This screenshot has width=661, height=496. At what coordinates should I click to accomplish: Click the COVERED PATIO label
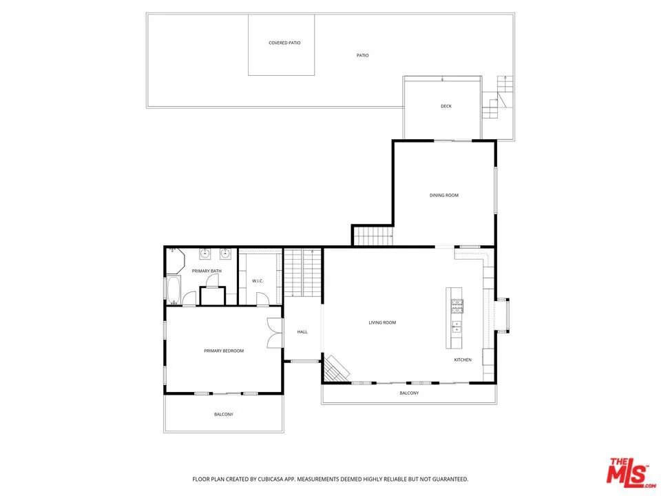pos(284,43)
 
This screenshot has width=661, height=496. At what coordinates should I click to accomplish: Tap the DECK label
pos(446,106)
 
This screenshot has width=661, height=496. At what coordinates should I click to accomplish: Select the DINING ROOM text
pos(443,195)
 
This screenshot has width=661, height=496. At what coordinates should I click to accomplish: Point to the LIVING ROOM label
pos(382,322)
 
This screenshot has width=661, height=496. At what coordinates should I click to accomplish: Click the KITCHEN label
pos(463,360)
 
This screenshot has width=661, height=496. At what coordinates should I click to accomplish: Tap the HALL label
pos(302,332)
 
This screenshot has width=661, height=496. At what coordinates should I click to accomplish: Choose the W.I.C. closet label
pos(258,280)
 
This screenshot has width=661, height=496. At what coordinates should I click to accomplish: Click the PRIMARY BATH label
pos(207,271)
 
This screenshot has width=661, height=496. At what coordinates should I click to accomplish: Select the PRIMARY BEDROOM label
pos(224,351)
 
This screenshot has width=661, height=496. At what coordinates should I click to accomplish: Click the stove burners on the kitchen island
pos(456,304)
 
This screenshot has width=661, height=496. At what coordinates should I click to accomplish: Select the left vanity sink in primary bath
pos(204,254)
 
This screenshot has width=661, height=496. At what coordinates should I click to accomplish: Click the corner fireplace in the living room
pos(336,368)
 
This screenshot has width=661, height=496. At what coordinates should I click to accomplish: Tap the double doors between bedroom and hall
pos(275,333)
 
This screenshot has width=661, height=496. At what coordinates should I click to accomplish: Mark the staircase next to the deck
pos(497,96)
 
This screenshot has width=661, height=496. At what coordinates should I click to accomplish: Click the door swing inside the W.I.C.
pos(261,298)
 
